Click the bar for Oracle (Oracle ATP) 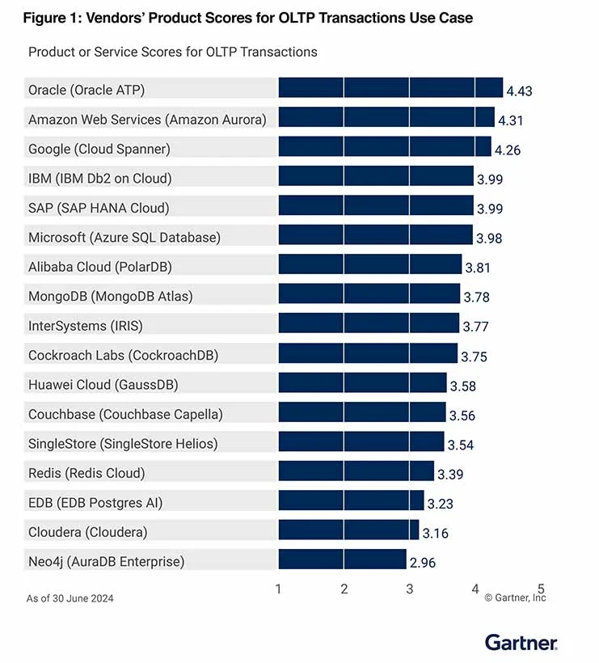[x=390, y=88]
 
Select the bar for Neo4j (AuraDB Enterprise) [x=342, y=560]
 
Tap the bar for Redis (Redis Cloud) [x=356, y=471]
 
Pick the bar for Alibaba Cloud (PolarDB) [x=369, y=265]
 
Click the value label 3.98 [x=489, y=238]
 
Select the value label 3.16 [x=435, y=533]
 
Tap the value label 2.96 [x=422, y=563]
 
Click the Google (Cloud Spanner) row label [x=99, y=149]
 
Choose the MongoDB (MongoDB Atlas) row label [x=111, y=296]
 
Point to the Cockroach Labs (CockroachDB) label [x=123, y=355]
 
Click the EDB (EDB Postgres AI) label [x=95, y=502]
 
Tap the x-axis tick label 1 [x=279, y=589]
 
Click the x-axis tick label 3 [x=410, y=589]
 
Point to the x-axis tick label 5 [x=541, y=589]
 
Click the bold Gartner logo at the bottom [x=521, y=643]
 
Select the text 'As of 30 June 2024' [x=70, y=598]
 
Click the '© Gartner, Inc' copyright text [x=515, y=598]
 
